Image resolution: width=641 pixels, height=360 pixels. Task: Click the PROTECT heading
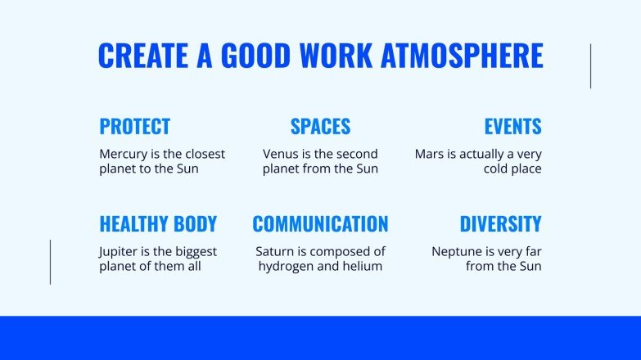(x=134, y=127)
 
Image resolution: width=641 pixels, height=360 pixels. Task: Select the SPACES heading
(x=320, y=127)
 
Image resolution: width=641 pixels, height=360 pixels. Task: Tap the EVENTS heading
(x=512, y=127)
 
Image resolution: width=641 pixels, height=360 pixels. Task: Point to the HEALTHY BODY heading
(x=158, y=224)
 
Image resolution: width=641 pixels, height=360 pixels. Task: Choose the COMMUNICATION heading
(x=320, y=224)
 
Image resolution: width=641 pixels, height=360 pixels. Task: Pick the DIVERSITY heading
(x=500, y=224)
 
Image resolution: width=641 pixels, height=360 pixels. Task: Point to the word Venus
(x=281, y=154)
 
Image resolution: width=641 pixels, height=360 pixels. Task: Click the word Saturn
(x=276, y=251)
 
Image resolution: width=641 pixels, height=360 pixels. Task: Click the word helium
(x=363, y=267)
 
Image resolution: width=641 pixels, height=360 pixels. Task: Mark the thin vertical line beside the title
(x=590, y=66)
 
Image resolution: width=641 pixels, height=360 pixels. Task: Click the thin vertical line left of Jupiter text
(x=50, y=262)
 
